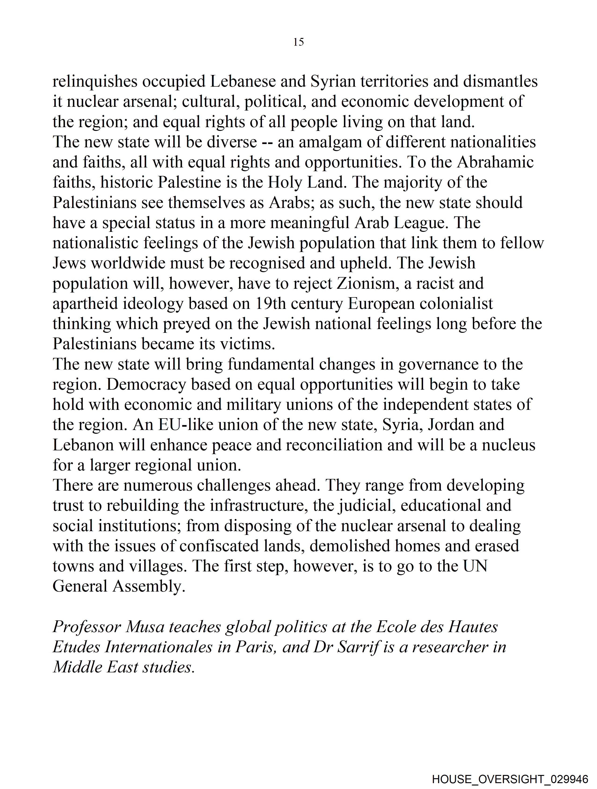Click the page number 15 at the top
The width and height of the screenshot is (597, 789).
click(298, 42)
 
